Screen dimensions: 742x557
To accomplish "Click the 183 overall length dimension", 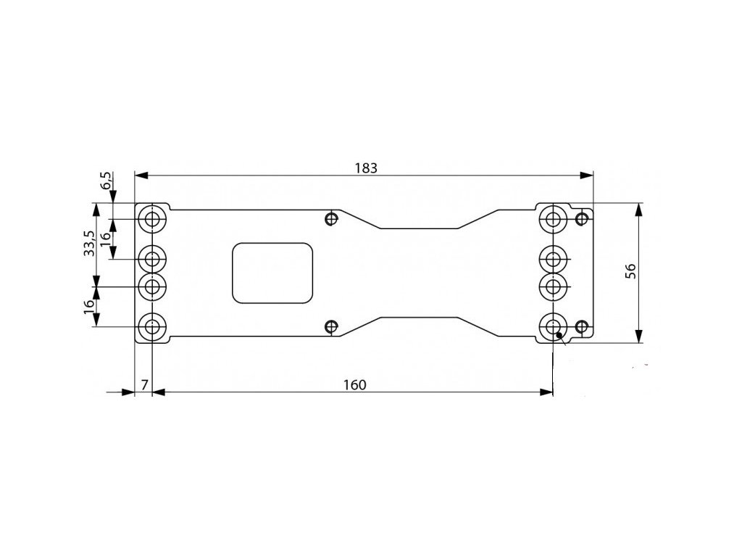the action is (x=367, y=167).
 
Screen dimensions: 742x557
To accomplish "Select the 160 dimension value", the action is (x=354, y=384).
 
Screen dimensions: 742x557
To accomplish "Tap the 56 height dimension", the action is (x=630, y=271).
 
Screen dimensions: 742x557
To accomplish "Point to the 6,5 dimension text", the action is (x=107, y=181).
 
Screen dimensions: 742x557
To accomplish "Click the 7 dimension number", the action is (x=144, y=384).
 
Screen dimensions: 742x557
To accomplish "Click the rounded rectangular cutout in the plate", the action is (x=272, y=272).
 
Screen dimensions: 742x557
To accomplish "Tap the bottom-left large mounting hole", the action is (x=153, y=326).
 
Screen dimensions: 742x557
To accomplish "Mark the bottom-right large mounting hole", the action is (x=553, y=326).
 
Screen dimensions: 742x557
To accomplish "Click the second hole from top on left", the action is (x=153, y=258).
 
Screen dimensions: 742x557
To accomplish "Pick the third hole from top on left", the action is (x=153, y=286).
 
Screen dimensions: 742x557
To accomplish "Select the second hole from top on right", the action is (x=553, y=258).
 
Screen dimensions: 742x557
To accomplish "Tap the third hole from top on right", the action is (x=553, y=286).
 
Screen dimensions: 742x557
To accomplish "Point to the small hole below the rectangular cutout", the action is (x=331, y=326).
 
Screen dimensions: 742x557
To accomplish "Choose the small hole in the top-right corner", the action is (x=580, y=218).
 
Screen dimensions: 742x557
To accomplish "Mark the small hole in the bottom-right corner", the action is (x=580, y=326).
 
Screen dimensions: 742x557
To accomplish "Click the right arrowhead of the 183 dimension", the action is (x=588, y=176).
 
